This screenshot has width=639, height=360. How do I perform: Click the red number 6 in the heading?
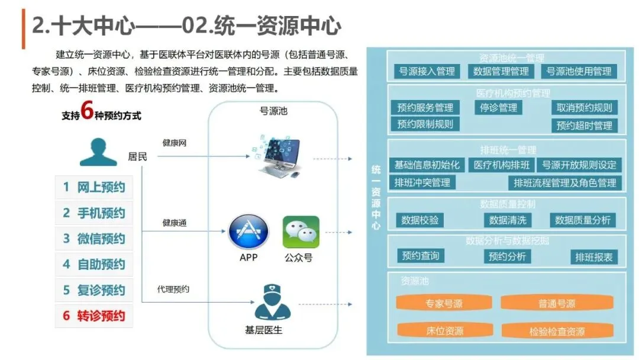click(87, 110)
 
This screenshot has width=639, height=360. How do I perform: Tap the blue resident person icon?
click(98, 152)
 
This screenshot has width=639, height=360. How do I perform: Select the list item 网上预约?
click(94, 187)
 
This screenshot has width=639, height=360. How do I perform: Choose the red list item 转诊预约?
click(94, 316)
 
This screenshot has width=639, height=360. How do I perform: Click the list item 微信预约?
click(94, 239)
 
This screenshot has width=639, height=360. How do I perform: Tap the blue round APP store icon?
click(248, 232)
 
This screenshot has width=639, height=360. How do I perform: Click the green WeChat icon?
click(301, 232)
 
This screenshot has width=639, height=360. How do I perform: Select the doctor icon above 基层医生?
click(272, 302)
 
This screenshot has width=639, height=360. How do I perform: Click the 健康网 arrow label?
click(175, 143)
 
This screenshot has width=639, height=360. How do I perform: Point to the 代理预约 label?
click(173, 289)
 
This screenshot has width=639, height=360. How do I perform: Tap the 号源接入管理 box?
click(427, 71)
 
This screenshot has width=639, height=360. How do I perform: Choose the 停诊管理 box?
click(498, 108)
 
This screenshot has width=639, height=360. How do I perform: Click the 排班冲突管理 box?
click(422, 182)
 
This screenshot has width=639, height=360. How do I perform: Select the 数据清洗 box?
click(508, 220)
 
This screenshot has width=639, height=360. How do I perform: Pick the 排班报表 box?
click(594, 257)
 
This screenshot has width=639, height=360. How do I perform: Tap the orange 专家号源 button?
click(444, 303)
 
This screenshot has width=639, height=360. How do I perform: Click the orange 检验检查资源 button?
click(557, 331)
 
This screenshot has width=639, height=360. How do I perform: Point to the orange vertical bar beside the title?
click(24, 29)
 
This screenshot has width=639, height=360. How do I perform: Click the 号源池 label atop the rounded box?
click(273, 111)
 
